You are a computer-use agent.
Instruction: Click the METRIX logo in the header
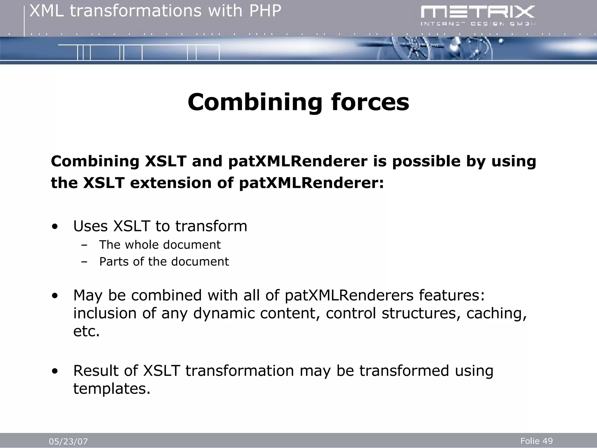click(x=477, y=13)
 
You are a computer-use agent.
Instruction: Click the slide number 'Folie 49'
click(x=536, y=441)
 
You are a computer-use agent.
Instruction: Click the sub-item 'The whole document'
click(x=160, y=245)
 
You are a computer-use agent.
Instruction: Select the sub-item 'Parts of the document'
click(x=164, y=262)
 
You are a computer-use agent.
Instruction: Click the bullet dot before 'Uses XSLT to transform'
click(x=55, y=227)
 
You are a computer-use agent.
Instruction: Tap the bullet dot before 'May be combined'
click(x=55, y=296)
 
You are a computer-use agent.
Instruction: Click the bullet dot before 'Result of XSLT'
click(x=55, y=371)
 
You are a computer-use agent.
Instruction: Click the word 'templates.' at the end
click(x=112, y=389)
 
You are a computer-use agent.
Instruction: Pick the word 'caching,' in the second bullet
click(x=496, y=314)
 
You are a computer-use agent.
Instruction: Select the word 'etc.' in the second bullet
click(x=86, y=331)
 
